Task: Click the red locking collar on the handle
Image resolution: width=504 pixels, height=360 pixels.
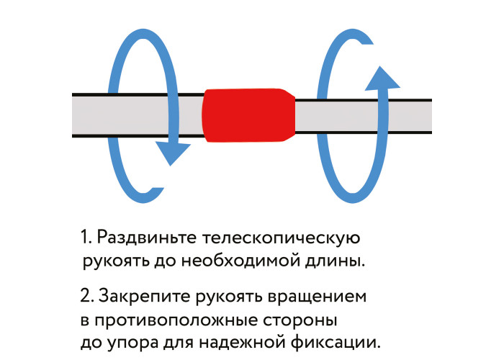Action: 248,115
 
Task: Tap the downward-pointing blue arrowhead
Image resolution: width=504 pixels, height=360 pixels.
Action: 173,153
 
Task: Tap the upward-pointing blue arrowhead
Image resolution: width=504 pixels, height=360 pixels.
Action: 382,78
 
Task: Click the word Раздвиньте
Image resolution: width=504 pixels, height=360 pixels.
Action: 147,238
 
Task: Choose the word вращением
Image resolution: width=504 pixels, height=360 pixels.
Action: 317,297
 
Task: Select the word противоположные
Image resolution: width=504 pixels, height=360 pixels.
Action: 176,320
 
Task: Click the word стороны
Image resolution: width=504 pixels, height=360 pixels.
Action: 300,320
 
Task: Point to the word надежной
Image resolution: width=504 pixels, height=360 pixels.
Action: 242,342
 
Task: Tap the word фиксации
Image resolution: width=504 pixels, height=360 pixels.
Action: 336,343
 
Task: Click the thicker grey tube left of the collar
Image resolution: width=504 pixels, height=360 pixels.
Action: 138,115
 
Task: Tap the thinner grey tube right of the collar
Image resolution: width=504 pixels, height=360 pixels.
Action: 364,116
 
